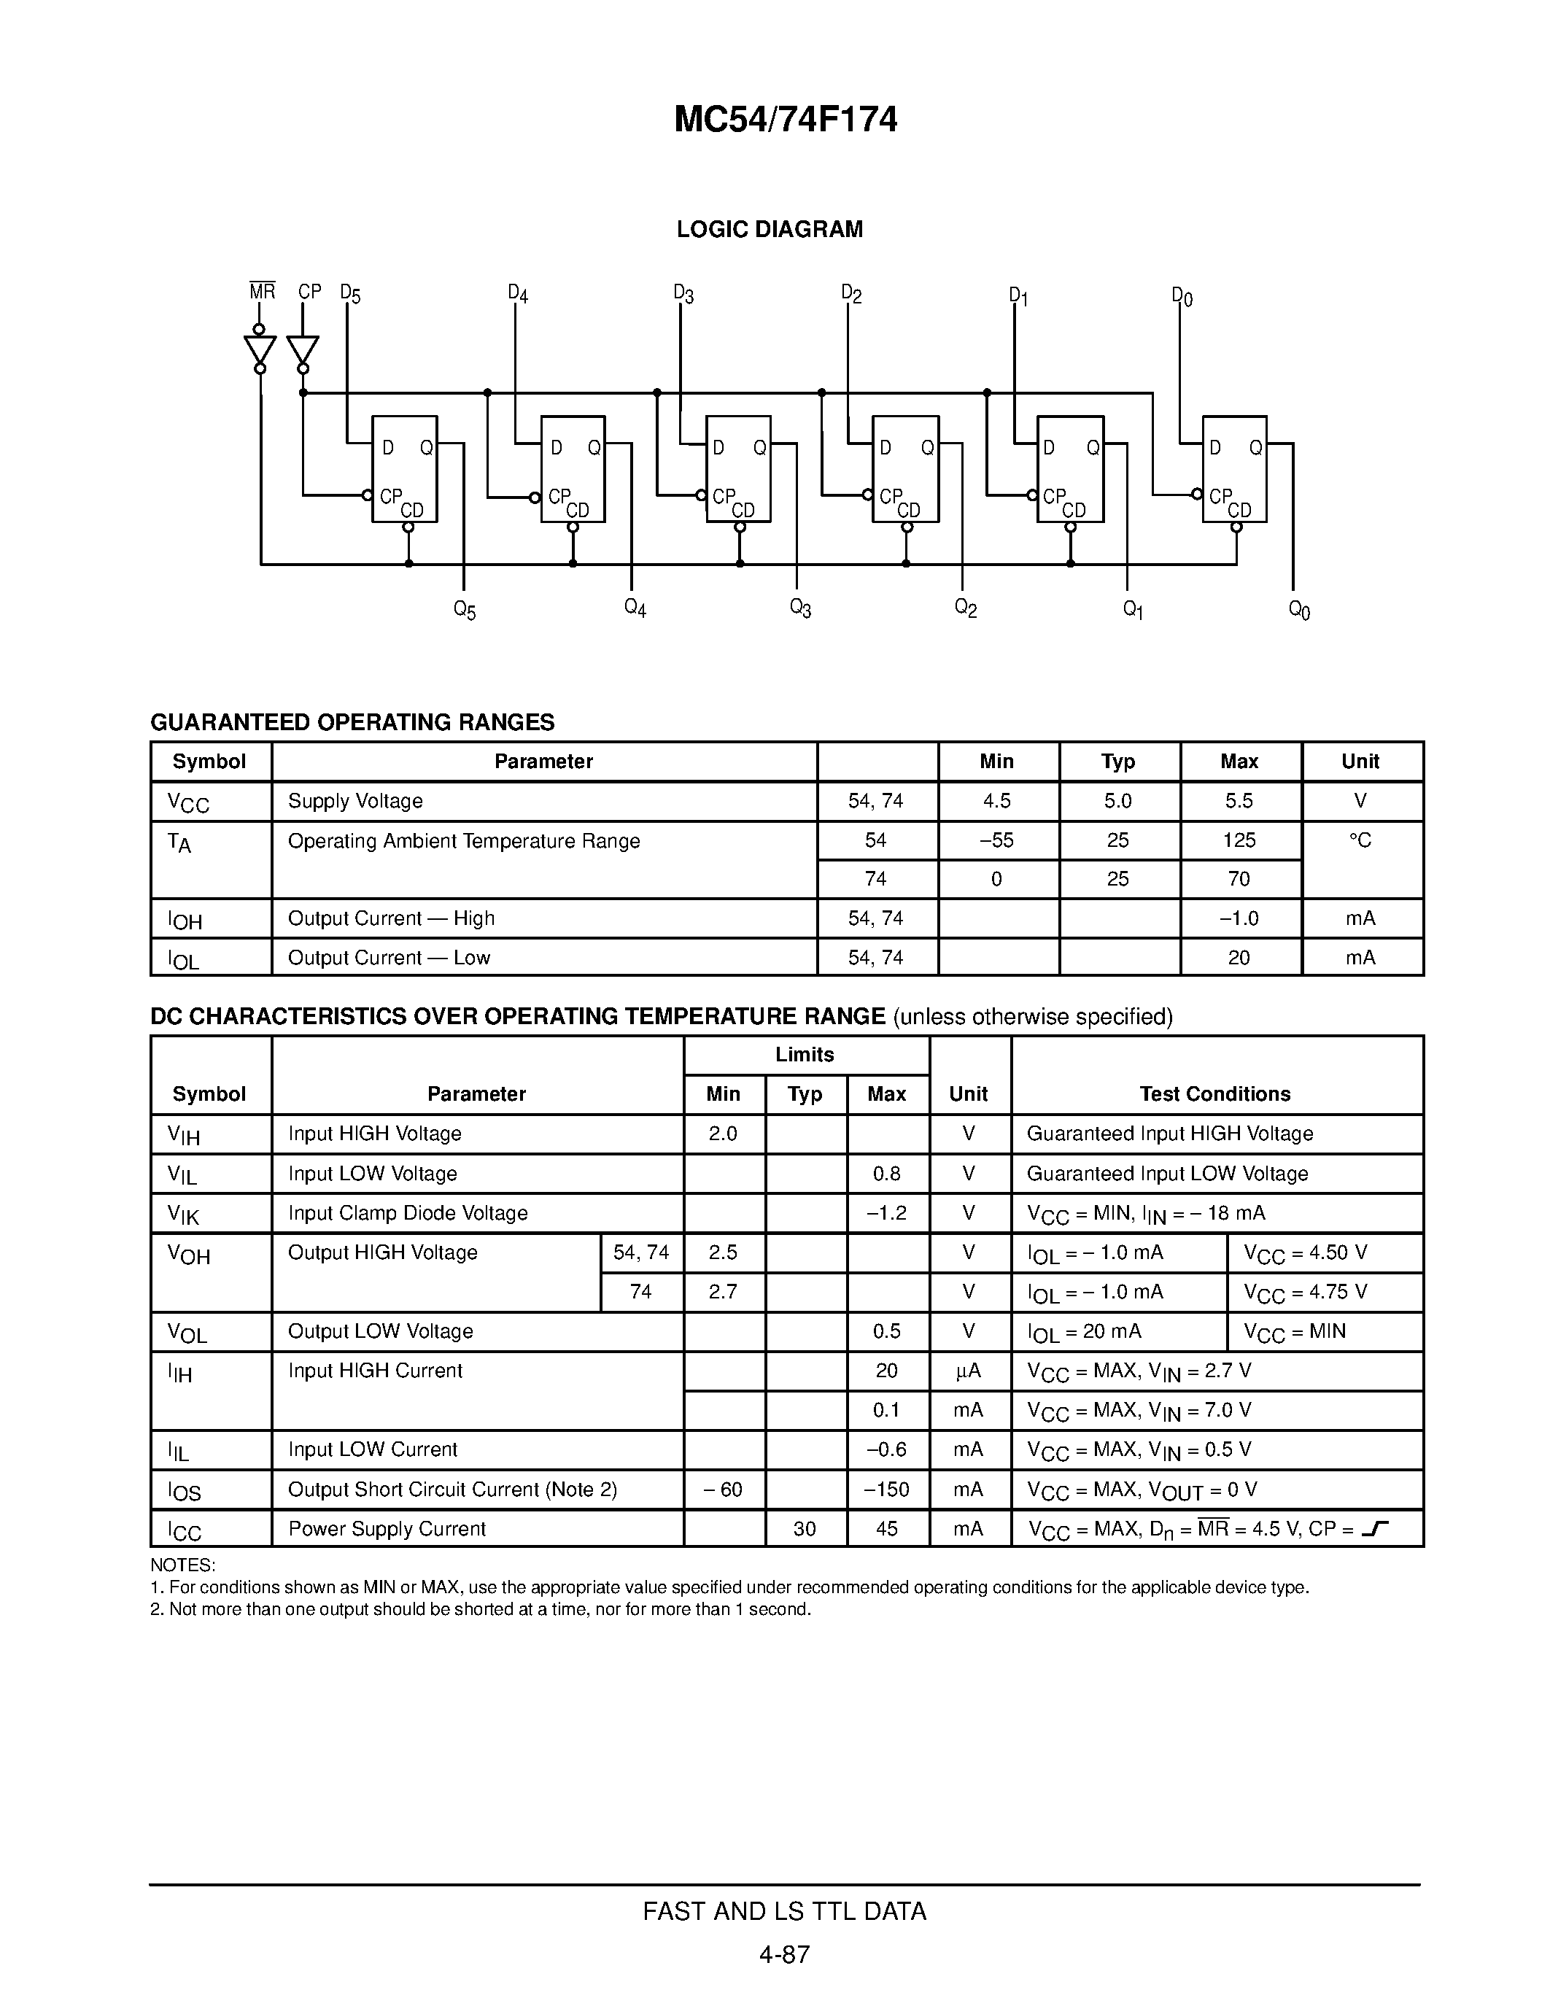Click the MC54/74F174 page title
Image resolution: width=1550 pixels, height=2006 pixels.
point(785,120)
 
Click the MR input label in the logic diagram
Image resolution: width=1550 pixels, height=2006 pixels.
point(262,291)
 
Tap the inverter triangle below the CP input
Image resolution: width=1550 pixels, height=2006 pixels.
point(303,350)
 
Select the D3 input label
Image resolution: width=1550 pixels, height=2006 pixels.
point(683,294)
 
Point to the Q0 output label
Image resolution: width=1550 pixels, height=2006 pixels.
point(1299,610)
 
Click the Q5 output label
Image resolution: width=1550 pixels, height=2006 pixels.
point(465,610)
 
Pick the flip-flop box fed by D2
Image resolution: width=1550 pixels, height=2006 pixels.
point(904,468)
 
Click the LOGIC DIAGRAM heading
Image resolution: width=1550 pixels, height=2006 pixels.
point(770,230)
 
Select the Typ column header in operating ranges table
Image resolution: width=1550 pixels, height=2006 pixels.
point(1117,762)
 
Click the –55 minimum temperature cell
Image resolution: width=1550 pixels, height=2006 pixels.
point(996,840)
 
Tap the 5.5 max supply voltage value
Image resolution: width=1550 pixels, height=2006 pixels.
point(1239,801)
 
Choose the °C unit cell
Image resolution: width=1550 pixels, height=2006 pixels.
point(1360,840)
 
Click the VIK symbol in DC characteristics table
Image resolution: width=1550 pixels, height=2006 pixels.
point(183,1215)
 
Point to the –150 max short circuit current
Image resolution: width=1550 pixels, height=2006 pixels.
point(886,1489)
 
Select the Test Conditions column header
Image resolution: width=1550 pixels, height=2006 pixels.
point(1215,1094)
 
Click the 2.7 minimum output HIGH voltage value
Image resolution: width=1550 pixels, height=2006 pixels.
point(723,1291)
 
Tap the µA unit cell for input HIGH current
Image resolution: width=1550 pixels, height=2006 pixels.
point(968,1371)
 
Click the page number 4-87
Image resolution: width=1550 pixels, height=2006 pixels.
point(784,1954)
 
